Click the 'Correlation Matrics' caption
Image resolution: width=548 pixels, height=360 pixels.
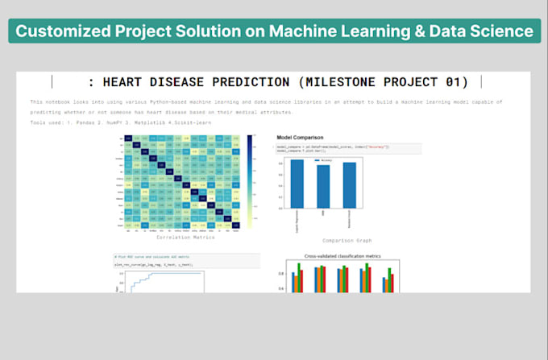tap(185, 238)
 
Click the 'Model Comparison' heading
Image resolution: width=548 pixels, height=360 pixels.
tap(300, 138)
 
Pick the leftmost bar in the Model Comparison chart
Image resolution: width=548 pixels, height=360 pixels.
tap(297, 184)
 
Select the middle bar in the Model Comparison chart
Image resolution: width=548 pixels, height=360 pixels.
tap(323, 188)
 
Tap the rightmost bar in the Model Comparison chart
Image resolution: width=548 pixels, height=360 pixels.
tap(349, 187)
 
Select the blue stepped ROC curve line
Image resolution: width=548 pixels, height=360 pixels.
tap(161, 275)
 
